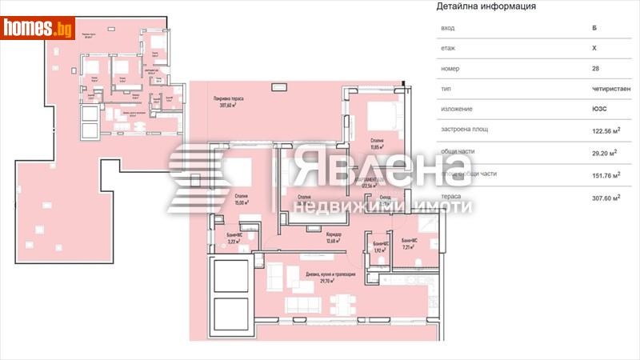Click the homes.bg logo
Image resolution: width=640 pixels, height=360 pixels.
coord(38,28)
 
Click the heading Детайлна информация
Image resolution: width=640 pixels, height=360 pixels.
coord(486,6)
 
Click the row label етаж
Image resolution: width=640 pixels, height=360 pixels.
coord(447,48)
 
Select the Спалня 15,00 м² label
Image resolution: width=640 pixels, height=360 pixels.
coord(238,199)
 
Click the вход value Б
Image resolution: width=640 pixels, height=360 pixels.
coord(592,28)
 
